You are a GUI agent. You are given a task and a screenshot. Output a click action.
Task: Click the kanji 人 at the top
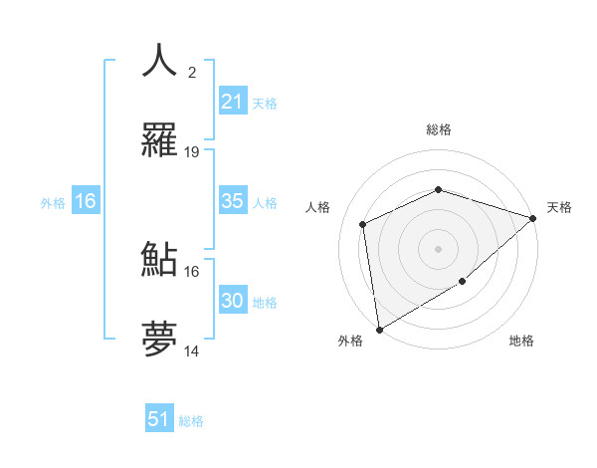coord(159,62)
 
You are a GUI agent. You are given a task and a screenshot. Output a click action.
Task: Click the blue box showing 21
coord(232,102)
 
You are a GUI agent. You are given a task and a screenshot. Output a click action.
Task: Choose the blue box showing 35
coord(232,201)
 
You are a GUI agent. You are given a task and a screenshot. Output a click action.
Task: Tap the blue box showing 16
coord(85,201)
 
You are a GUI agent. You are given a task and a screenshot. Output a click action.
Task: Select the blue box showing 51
coord(159,419)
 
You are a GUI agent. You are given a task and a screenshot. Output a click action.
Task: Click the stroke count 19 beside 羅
coord(192,152)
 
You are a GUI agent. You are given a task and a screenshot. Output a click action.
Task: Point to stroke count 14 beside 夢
coord(192,351)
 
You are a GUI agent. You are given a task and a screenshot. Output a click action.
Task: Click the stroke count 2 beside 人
coord(192,72)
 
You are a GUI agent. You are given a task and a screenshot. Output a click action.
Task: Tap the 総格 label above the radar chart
coord(439,129)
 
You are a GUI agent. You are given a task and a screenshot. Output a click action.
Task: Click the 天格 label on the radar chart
coord(559,207)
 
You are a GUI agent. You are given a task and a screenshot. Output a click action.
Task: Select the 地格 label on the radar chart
coord(521,341)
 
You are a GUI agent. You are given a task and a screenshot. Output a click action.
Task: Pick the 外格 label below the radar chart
coord(350,341)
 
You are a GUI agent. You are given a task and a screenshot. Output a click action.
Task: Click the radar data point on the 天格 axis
coord(534,218)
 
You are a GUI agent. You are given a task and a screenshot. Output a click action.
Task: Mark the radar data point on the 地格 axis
coord(463,282)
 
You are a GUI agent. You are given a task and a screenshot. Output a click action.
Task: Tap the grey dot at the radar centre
coord(439,248)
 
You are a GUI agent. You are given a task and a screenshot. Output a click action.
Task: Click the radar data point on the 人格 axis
coord(364,224)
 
